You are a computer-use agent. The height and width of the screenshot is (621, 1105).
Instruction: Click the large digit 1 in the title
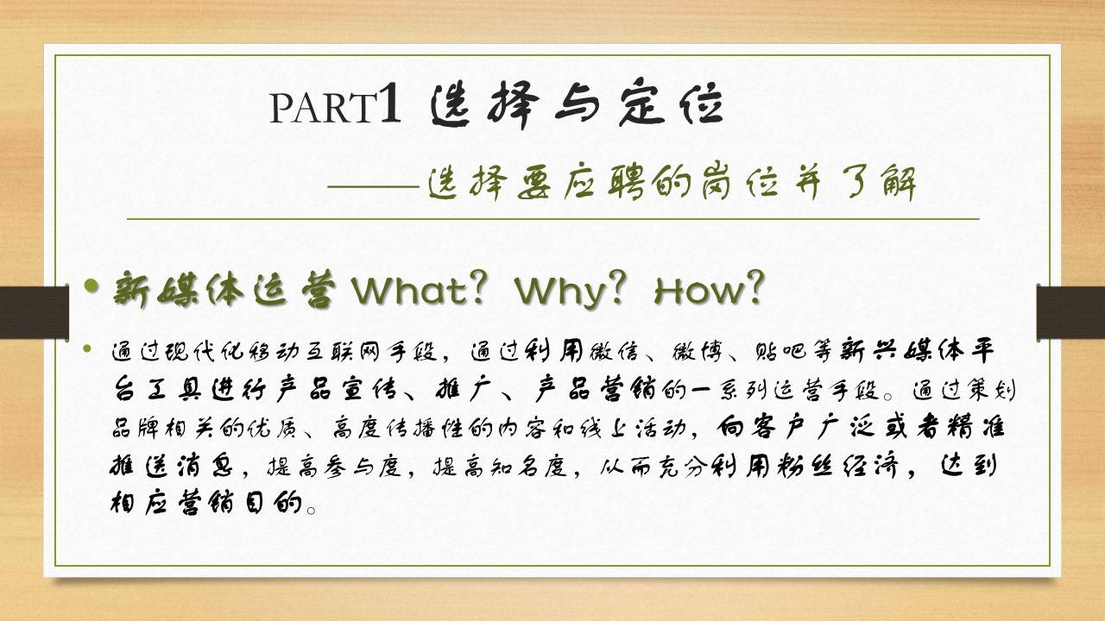click(390, 103)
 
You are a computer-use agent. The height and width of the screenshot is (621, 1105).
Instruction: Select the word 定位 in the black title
click(671, 104)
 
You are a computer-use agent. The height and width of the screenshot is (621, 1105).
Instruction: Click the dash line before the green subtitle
click(374, 187)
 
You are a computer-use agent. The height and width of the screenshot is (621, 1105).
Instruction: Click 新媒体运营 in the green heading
click(224, 290)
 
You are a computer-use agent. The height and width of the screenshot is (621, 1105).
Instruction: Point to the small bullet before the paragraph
click(88, 349)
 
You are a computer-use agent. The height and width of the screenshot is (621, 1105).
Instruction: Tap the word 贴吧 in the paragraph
click(780, 351)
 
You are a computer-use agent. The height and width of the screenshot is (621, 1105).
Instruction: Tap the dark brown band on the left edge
click(34, 312)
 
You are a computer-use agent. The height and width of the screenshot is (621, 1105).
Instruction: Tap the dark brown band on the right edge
click(1070, 312)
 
